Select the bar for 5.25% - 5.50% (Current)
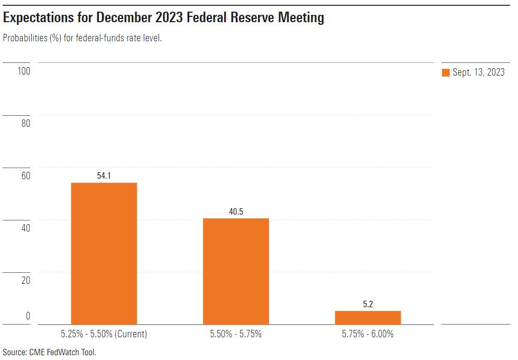click(104, 253)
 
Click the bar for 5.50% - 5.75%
click(236, 271)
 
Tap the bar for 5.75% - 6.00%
click(368, 317)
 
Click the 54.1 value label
click(104, 176)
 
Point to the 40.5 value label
click(236, 212)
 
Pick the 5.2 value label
click(368, 304)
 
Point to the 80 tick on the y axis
click(25, 124)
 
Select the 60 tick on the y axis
click(25, 176)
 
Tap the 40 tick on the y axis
click(25, 228)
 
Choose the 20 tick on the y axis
click(25, 281)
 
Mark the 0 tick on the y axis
click(27, 317)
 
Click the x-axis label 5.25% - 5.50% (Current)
click(104, 334)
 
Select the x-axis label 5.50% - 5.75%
click(236, 334)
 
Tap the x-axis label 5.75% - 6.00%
click(368, 334)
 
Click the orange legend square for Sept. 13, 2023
click(446, 73)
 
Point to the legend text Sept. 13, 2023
click(478, 73)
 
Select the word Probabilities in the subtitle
click(25, 39)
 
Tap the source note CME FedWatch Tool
click(64, 352)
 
